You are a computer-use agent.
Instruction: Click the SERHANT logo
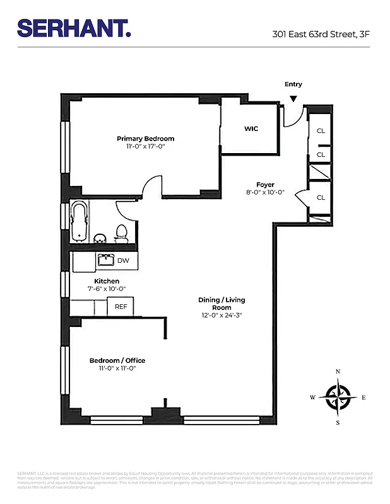[74, 28]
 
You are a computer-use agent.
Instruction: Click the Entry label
[293, 84]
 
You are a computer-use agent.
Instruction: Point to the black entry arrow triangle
[293, 98]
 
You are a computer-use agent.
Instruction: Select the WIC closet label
[251, 129]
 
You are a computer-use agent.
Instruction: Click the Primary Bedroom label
[145, 139]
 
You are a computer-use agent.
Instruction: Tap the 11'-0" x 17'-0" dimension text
[145, 146]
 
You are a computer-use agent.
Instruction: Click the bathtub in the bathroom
[79, 221]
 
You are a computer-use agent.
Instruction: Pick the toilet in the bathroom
[122, 233]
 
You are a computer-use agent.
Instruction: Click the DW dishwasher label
[123, 260]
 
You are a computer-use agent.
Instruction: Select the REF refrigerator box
[120, 307]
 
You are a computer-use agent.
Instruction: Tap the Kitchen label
[107, 281]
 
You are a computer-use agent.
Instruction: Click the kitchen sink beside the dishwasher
[105, 260]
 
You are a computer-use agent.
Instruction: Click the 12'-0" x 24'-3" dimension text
[222, 315]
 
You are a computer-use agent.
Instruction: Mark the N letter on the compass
[338, 372]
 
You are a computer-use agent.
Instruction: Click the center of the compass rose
[338, 397]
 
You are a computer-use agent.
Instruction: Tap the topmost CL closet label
[321, 131]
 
